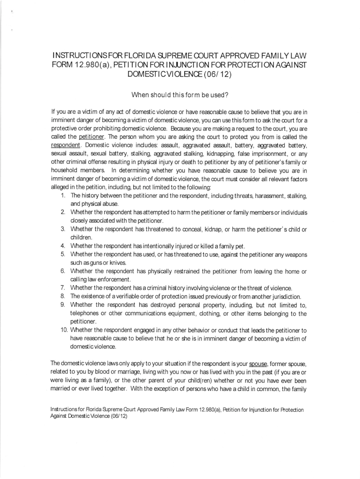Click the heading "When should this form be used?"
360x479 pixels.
click(180, 96)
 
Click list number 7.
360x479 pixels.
click(62, 288)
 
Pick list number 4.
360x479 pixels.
click(62, 246)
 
